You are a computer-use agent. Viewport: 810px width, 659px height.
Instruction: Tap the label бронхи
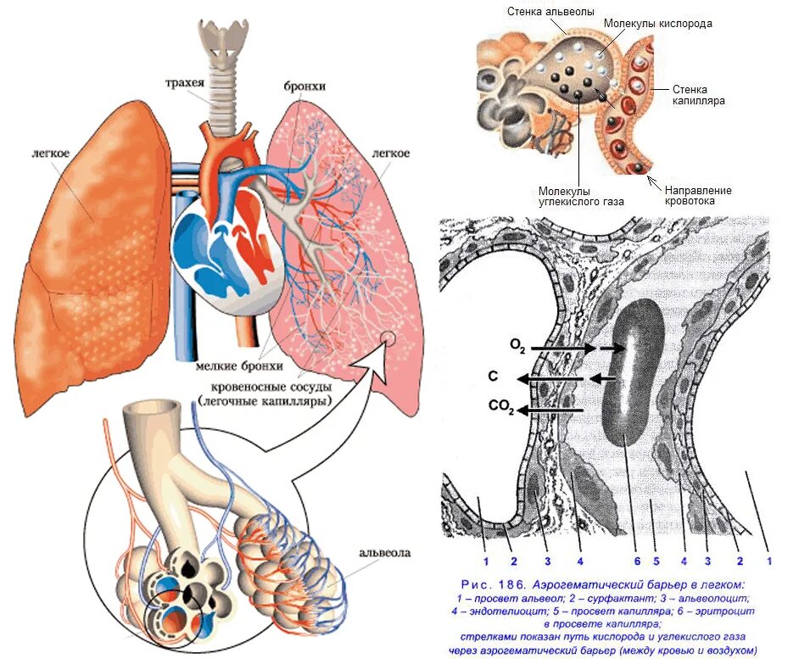(306, 87)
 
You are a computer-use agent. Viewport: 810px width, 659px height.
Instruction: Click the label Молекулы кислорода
(657, 24)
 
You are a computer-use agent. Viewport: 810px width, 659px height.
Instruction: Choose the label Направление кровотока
(697, 196)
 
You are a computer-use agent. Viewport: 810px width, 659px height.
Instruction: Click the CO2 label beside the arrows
(501, 407)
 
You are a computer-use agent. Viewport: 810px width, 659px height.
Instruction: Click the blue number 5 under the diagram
(656, 561)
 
